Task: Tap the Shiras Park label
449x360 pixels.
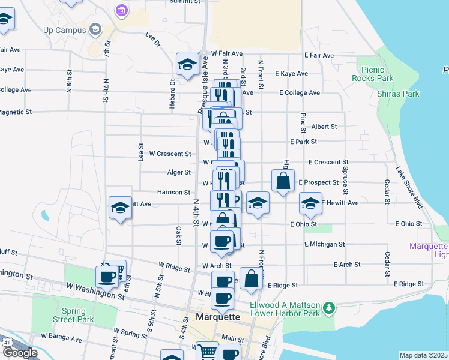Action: point(398,94)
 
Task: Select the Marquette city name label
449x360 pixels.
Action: point(218,317)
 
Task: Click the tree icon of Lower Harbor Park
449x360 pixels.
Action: point(328,309)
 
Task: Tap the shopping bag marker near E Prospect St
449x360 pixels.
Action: point(283,181)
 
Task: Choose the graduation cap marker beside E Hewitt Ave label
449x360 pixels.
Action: point(310,204)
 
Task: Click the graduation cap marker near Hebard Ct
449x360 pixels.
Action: point(187,65)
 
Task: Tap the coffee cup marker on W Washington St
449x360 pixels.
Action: point(107,277)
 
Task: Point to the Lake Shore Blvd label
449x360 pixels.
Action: point(409,187)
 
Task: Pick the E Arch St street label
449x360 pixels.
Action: point(348,264)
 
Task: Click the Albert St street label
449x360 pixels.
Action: point(324,127)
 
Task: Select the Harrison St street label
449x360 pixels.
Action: point(173,192)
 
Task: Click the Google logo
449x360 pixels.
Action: point(19,353)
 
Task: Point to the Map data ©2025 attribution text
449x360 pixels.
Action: point(423,355)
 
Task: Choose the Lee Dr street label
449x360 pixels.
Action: point(154,40)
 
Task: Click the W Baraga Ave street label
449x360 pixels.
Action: point(61,339)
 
